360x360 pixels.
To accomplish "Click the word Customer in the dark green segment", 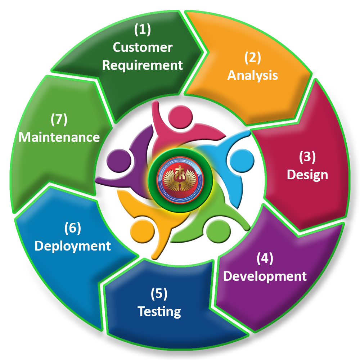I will coord(143,48).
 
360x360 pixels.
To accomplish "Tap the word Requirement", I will coord(143,66).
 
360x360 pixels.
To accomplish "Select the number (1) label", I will coord(143,30).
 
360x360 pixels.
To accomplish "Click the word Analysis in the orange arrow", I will coord(252,75).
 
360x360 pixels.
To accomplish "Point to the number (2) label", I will coord(252,57).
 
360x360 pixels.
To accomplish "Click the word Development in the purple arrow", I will coord(265,276).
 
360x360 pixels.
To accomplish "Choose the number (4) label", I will coord(265,258).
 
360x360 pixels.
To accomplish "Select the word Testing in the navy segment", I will coord(159,311).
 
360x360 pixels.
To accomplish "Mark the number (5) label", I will coord(159,294).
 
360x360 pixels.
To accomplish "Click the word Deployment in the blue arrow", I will coord(73,246).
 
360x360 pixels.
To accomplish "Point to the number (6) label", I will coord(73,228).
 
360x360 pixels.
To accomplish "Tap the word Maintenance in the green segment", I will coord(59,137).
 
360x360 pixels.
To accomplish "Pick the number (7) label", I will coord(59,120).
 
